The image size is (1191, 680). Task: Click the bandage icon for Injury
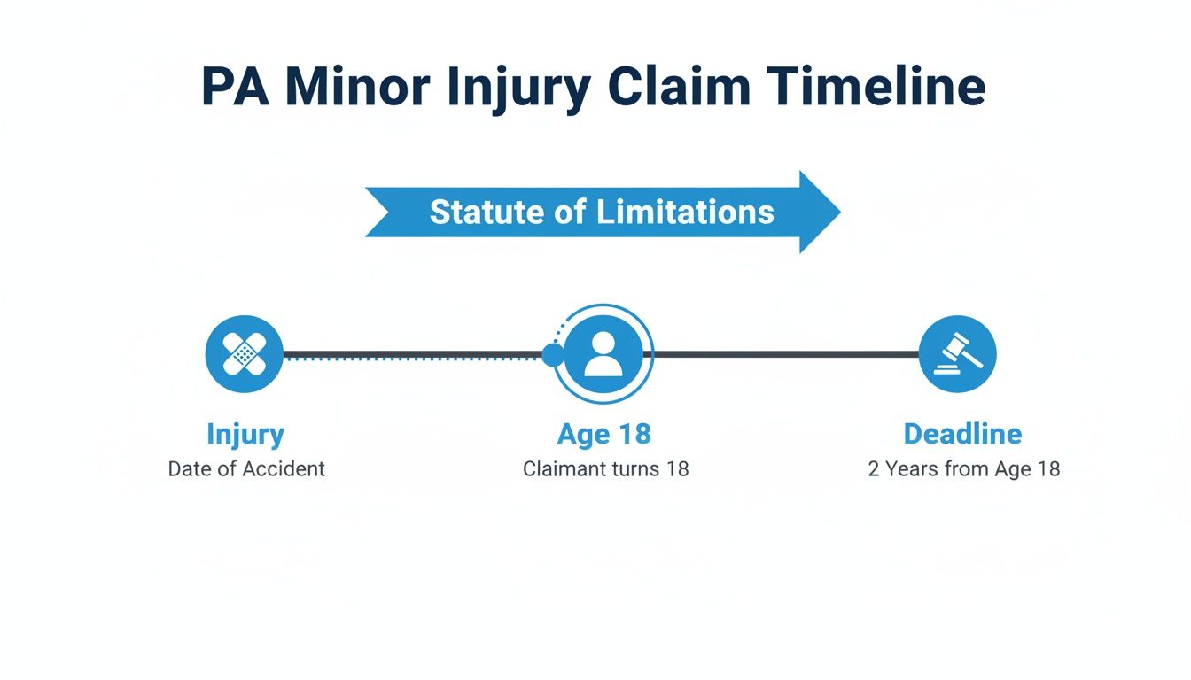tap(244, 354)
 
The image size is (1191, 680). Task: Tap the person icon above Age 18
tap(603, 354)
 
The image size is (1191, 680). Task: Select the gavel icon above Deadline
tap(957, 354)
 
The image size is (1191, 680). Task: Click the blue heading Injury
tap(245, 435)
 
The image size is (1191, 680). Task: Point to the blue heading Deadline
tap(962, 435)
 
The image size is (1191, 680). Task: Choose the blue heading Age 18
tap(604, 435)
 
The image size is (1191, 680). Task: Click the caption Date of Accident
tap(246, 469)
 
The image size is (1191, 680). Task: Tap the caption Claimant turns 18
tap(605, 469)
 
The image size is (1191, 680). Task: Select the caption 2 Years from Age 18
tap(963, 469)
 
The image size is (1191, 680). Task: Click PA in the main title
tap(234, 87)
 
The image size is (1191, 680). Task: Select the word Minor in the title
tap(357, 87)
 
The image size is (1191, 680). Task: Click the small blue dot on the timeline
tap(552, 355)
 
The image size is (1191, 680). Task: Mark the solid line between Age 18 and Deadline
tap(784, 354)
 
